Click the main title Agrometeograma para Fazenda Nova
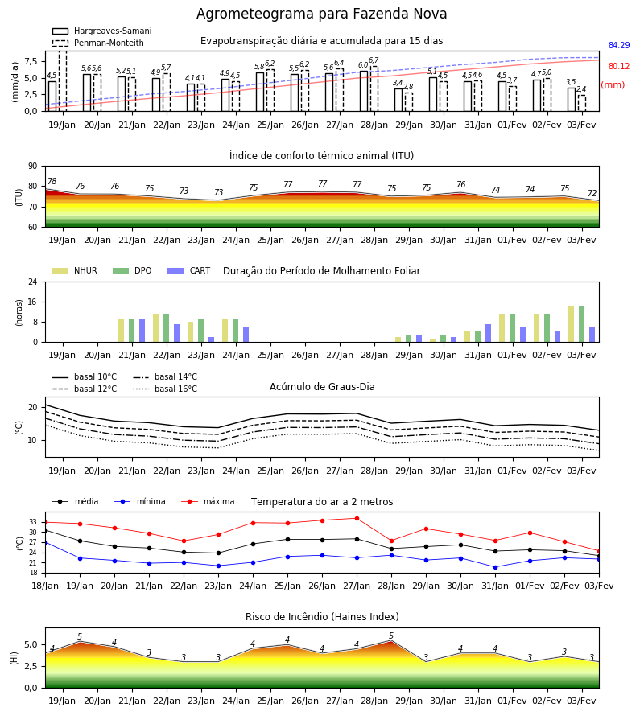pos(321,14)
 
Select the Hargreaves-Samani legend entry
pos(101,31)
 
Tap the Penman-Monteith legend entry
pos(98,43)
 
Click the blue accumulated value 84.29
pos(619,45)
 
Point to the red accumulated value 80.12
pos(619,66)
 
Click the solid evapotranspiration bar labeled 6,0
pos(364,91)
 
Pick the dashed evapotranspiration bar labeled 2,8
pos(409,102)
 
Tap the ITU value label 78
pos(52,182)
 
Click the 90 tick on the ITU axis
pos(33,167)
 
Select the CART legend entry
pos(188,270)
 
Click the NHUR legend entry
pos(75,270)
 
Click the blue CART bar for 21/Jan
pos(142,331)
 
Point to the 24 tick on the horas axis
pos(33,282)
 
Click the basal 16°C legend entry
pos(165,389)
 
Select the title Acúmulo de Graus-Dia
pos(322,387)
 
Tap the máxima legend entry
pos(208,501)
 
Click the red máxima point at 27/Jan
pos(357,518)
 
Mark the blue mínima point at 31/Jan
pos(496,567)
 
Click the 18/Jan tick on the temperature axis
pos(45,586)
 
